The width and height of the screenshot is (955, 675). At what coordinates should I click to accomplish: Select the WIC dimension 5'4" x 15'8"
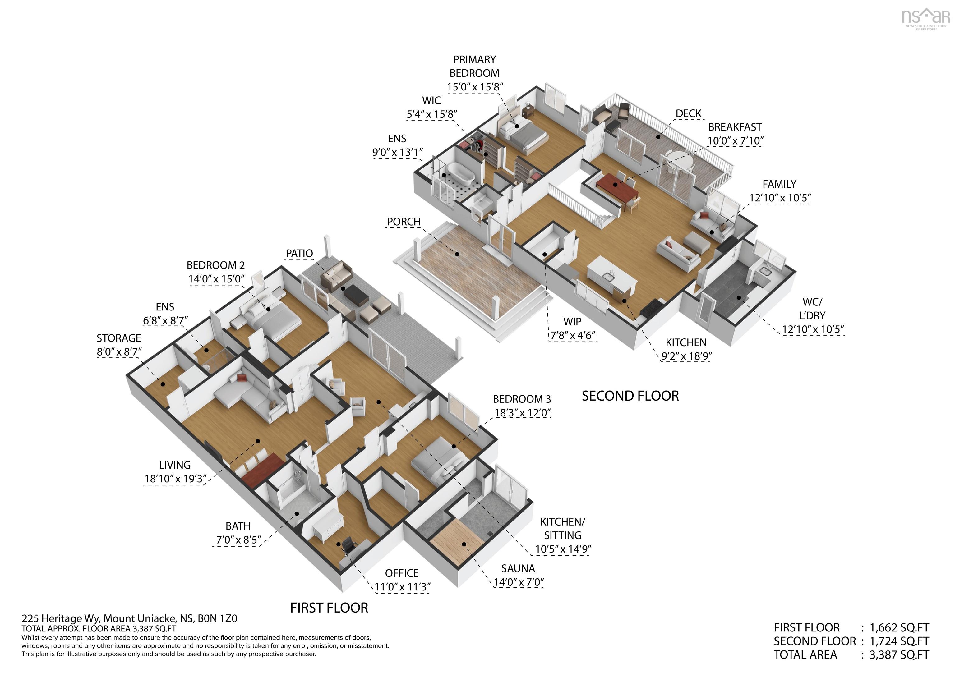(x=432, y=114)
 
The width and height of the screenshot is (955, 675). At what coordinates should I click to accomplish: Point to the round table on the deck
(x=678, y=159)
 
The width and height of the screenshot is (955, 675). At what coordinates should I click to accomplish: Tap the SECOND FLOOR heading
(x=630, y=396)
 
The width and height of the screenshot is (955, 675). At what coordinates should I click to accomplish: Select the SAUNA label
(x=518, y=568)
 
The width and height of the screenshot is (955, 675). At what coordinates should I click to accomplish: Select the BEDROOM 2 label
(x=215, y=265)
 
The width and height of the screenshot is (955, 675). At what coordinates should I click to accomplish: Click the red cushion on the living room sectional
(x=242, y=378)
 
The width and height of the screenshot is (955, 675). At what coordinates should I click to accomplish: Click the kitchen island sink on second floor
(x=610, y=274)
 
